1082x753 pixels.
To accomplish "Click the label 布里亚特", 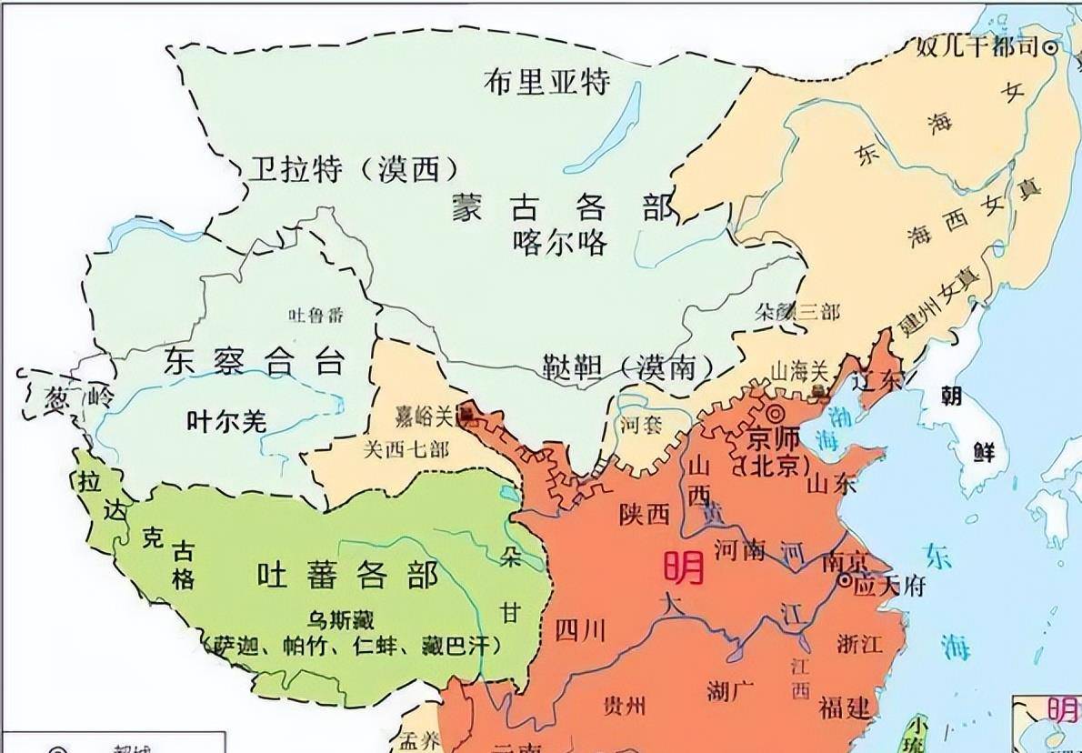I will [546, 82].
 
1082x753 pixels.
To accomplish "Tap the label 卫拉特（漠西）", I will [353, 168].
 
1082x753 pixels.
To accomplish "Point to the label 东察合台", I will [255, 362].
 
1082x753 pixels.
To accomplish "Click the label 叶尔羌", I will [226, 421].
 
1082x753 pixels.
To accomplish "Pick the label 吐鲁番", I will [316, 316].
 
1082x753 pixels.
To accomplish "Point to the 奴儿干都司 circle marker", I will [1052, 48].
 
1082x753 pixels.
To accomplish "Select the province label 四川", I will [578, 629].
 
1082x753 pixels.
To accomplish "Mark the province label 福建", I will [845, 706].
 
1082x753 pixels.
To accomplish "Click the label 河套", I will [642, 424].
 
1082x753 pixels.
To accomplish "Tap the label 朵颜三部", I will [797, 313].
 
